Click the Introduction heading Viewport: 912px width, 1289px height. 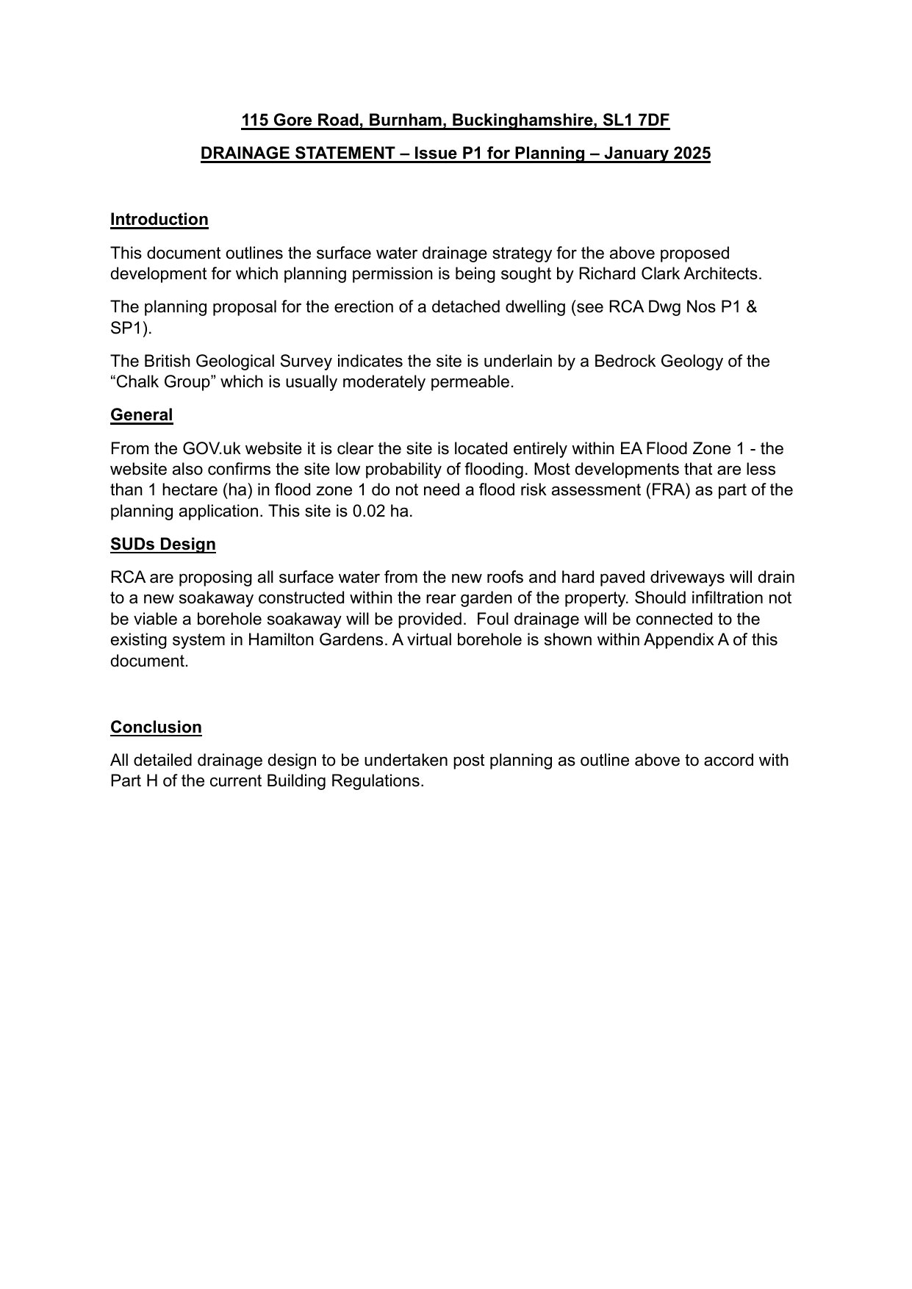[159, 220]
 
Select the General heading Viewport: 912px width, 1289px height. [141, 415]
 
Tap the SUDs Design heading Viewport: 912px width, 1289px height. [162, 545]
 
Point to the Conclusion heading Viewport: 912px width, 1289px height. [156, 728]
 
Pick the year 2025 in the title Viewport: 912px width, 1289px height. [689, 154]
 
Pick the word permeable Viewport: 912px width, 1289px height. [478, 382]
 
